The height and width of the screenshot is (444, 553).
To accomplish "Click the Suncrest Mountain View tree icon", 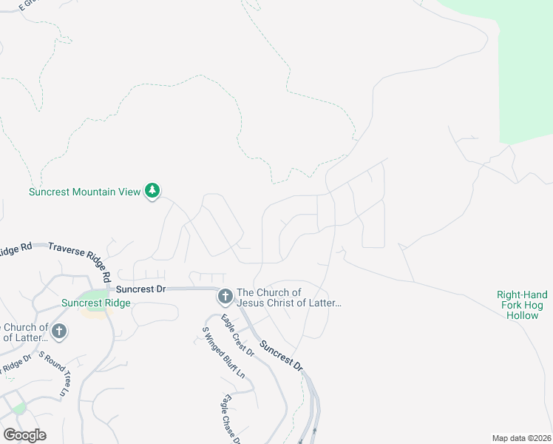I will [x=152, y=191].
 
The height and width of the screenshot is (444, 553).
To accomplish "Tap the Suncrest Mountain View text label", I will [x=84, y=192].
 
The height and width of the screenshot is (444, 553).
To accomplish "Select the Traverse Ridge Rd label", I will [x=79, y=256].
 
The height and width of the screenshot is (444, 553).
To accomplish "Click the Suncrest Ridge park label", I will [x=96, y=303].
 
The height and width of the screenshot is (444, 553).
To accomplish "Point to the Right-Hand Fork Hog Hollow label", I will [x=523, y=305].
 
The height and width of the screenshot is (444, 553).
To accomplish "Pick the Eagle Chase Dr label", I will [x=228, y=419].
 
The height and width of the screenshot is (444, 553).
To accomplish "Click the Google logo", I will [x=24, y=435].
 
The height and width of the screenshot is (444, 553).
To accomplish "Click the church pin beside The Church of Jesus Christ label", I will [x=225, y=297].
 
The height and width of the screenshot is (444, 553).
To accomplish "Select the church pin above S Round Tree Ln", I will [x=58, y=331].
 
